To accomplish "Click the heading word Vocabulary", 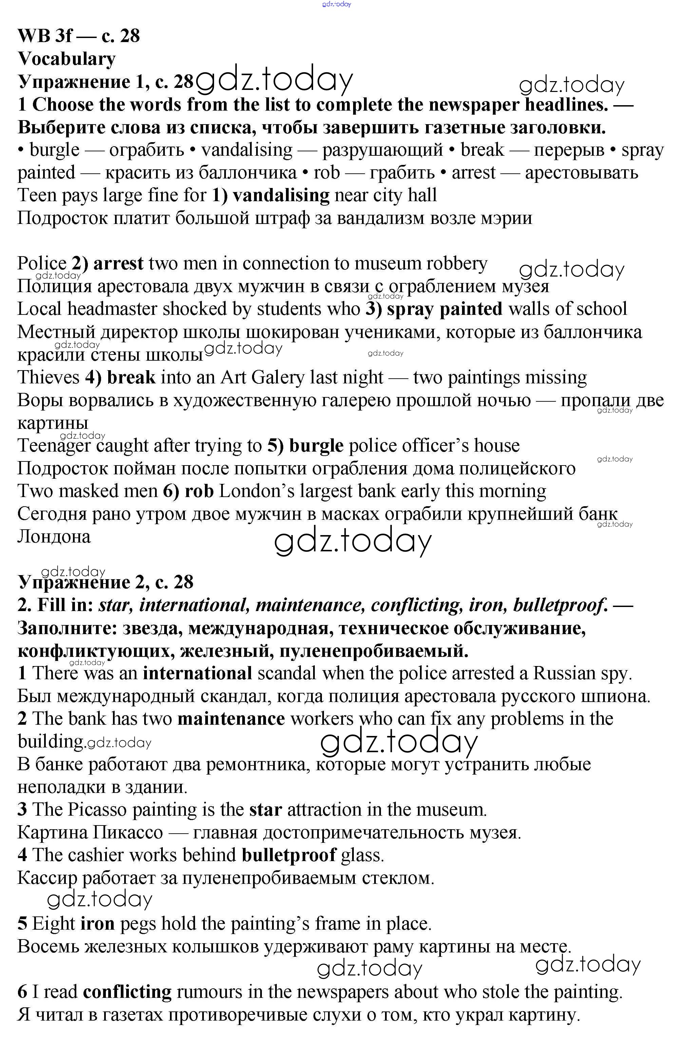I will pyautogui.click(x=66, y=59).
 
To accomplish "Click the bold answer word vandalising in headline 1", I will pyautogui.click(x=281, y=195).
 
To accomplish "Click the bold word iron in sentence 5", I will pyautogui.click(x=97, y=924).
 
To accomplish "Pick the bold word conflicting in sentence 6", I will pyautogui.click(x=127, y=991).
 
